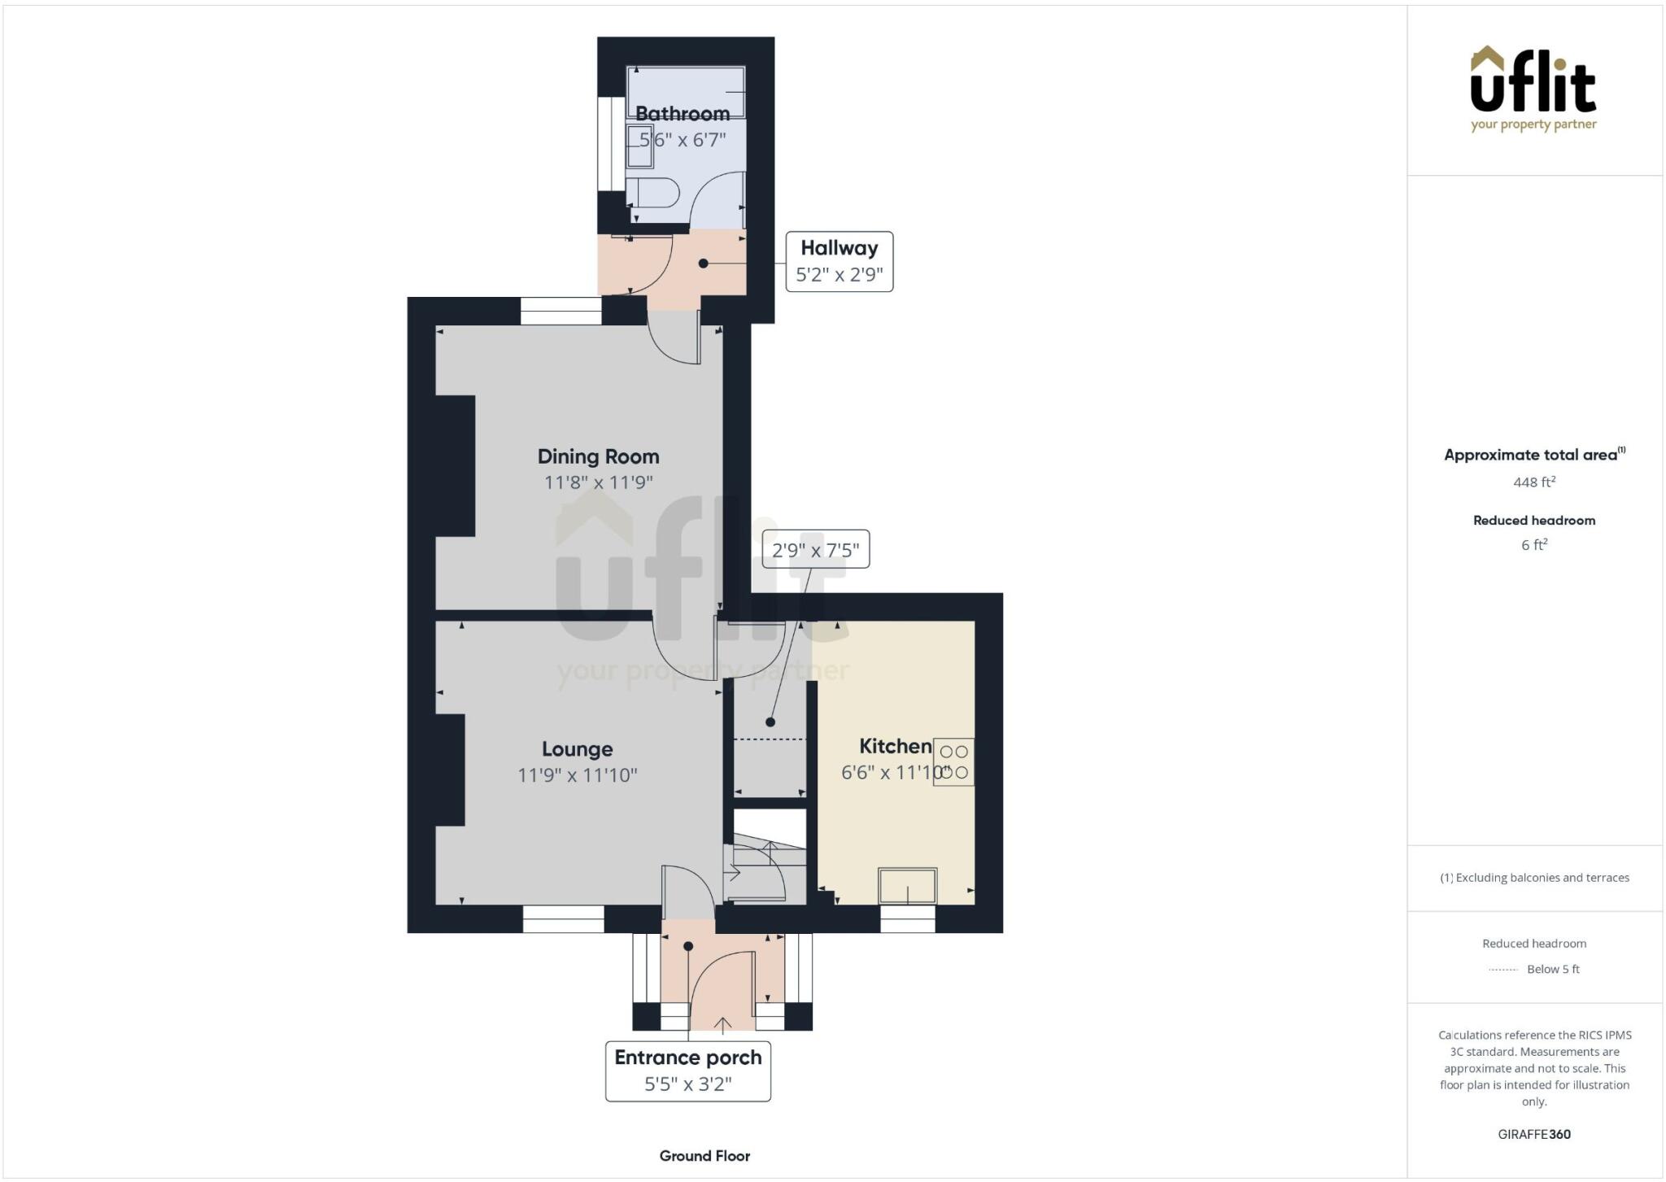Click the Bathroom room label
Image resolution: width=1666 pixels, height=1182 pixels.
click(682, 113)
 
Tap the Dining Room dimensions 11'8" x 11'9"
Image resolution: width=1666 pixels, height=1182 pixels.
click(598, 482)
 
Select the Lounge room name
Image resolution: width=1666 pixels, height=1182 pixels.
click(577, 748)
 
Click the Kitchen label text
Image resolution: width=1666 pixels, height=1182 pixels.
click(895, 746)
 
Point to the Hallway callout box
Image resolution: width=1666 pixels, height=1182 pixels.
click(839, 261)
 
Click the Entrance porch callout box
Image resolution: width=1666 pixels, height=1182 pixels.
click(687, 1071)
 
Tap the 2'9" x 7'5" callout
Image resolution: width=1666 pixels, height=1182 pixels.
click(815, 550)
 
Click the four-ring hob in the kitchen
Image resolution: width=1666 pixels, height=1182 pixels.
click(953, 761)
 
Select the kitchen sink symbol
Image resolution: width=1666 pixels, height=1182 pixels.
click(907, 885)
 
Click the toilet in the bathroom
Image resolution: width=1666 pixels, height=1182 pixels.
click(656, 194)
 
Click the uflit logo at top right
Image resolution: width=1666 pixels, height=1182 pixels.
click(1533, 88)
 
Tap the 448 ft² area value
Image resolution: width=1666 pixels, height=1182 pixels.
click(1533, 482)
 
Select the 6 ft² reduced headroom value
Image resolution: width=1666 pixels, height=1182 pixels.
click(1533, 545)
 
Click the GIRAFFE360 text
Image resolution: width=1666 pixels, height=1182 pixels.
click(1533, 1134)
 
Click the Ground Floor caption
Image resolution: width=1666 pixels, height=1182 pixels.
click(704, 1155)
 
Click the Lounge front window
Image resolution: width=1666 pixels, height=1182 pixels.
click(563, 919)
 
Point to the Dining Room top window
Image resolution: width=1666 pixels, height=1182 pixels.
click(560, 311)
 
